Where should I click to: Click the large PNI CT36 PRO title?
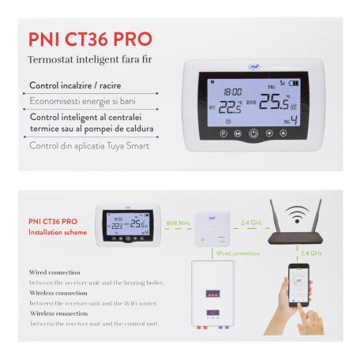tap(90, 39)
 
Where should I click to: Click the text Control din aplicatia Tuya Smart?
tap(89, 145)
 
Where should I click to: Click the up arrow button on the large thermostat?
tap(293, 135)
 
